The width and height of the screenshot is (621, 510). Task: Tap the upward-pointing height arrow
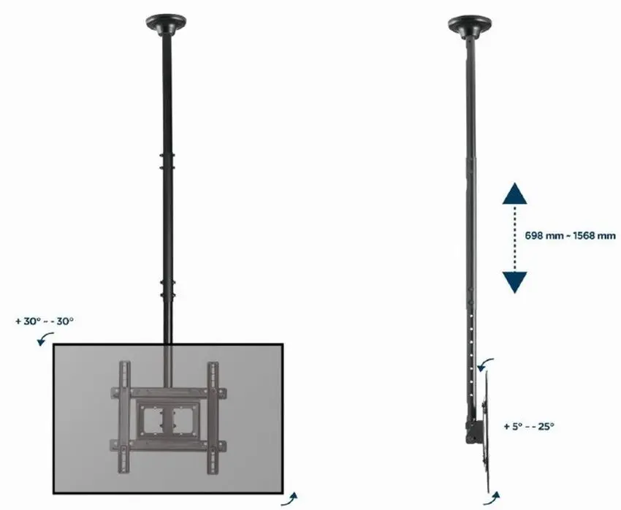516,194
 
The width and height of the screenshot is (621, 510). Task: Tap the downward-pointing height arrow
516,281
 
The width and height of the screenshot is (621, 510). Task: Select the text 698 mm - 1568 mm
570,236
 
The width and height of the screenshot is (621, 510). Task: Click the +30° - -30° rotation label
45,321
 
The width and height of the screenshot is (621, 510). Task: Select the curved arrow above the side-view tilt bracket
486,363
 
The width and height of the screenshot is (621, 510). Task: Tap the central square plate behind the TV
167,419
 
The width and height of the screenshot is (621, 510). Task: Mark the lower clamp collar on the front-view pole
167,287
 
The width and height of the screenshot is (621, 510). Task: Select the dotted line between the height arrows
516,237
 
